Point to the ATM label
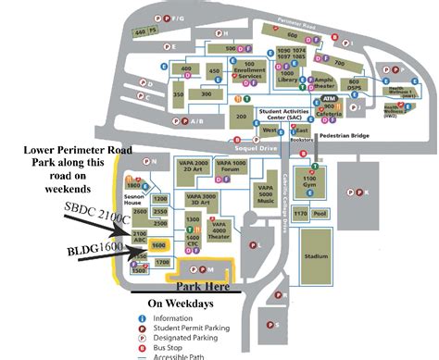click(330, 96)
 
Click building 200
click(241, 117)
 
